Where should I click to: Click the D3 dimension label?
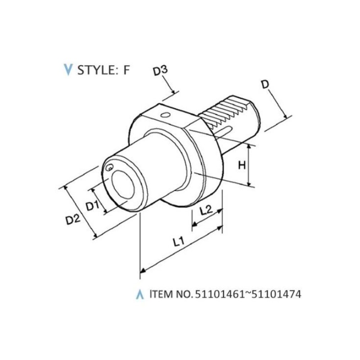coord(161,71)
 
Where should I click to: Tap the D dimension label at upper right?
coord(265,85)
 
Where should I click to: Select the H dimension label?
coord(242,165)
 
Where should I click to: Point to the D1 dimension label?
coord(92,206)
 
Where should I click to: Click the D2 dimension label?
coord(73,220)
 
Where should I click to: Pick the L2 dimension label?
coord(206,210)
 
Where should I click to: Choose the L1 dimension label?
coord(178,242)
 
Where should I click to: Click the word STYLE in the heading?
coord(96,70)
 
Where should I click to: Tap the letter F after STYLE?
coord(127,70)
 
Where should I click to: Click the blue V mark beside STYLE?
coord(68,70)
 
